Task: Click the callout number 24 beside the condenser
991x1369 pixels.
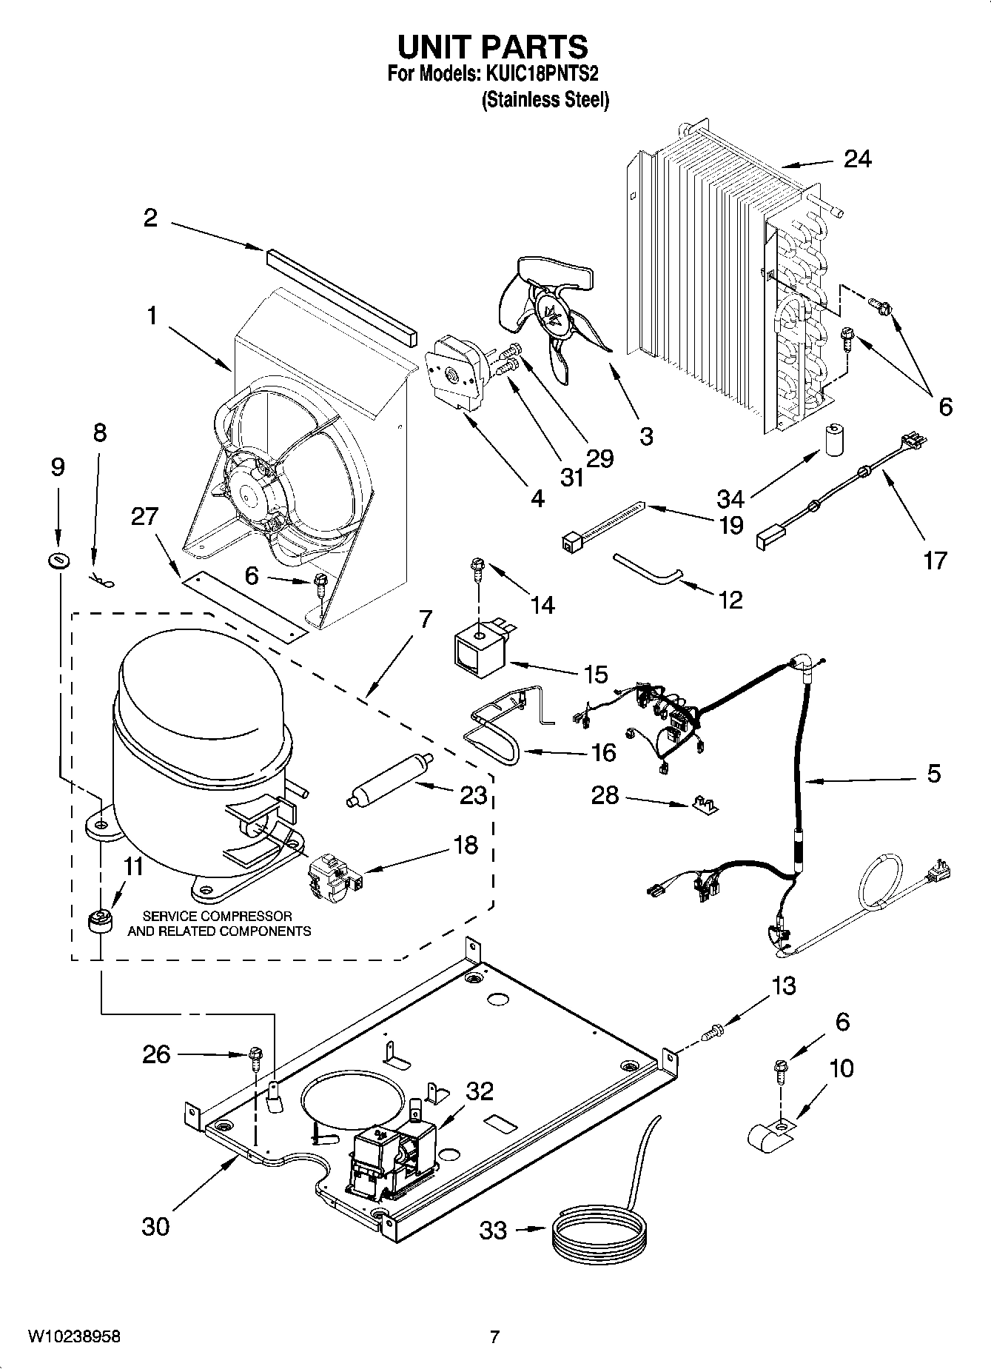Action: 857,158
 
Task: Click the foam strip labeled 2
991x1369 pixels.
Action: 337,289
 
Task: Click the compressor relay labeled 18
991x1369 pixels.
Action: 335,876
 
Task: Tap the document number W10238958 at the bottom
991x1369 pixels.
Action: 74,1336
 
